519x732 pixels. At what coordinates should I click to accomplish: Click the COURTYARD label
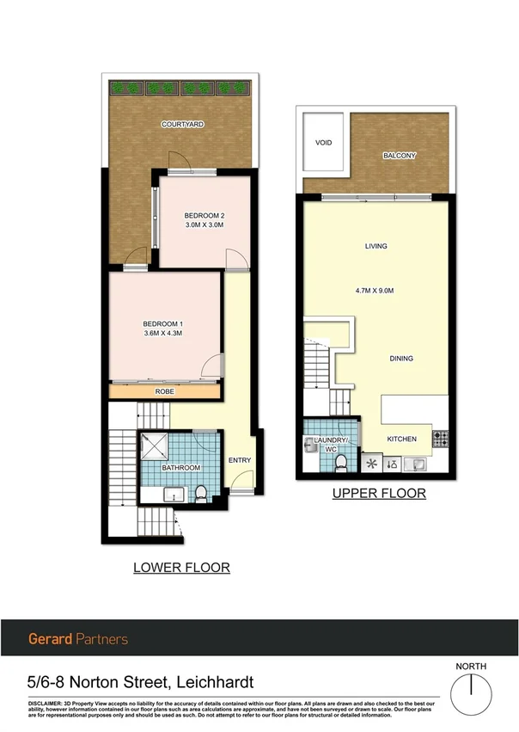point(182,125)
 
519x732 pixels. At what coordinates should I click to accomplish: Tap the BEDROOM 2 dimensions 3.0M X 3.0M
point(205,225)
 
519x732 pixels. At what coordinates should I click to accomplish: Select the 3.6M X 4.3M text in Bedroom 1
point(162,333)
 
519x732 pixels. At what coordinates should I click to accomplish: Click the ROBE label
point(165,391)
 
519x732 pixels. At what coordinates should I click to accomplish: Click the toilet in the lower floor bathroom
point(201,493)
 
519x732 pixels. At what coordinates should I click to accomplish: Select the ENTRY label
point(240,460)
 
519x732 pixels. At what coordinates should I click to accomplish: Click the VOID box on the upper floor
point(323,143)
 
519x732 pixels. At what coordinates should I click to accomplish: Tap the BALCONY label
point(400,156)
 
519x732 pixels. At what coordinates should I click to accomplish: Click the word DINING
point(400,359)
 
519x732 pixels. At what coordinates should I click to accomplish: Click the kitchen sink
point(420,465)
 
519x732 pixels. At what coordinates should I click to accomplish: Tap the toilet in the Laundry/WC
point(340,464)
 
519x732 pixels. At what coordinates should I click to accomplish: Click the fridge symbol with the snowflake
point(372,464)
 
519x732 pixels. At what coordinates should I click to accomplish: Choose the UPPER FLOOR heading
point(379,494)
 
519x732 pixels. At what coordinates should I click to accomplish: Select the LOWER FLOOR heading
point(181,568)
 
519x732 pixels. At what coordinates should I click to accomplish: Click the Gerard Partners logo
point(78,639)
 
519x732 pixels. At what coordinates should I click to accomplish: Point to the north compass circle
point(472,689)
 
